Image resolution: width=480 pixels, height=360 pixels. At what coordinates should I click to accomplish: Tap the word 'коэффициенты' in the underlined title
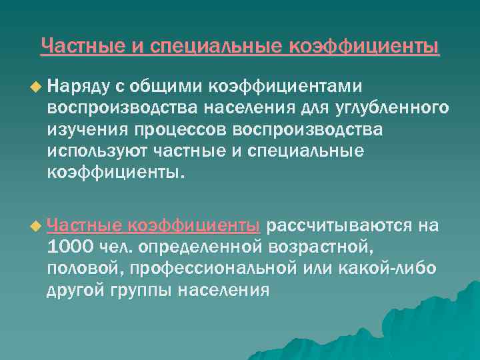point(365,46)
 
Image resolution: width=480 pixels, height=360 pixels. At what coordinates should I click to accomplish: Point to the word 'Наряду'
point(74,86)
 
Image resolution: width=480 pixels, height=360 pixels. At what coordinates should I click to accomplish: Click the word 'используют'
point(91,150)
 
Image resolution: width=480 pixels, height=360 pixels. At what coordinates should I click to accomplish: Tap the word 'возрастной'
point(322,247)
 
